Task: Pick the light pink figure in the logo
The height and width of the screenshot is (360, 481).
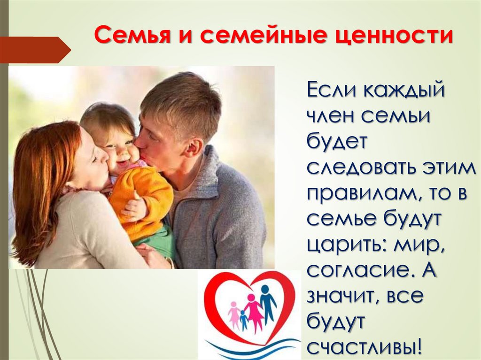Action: point(233,314)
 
